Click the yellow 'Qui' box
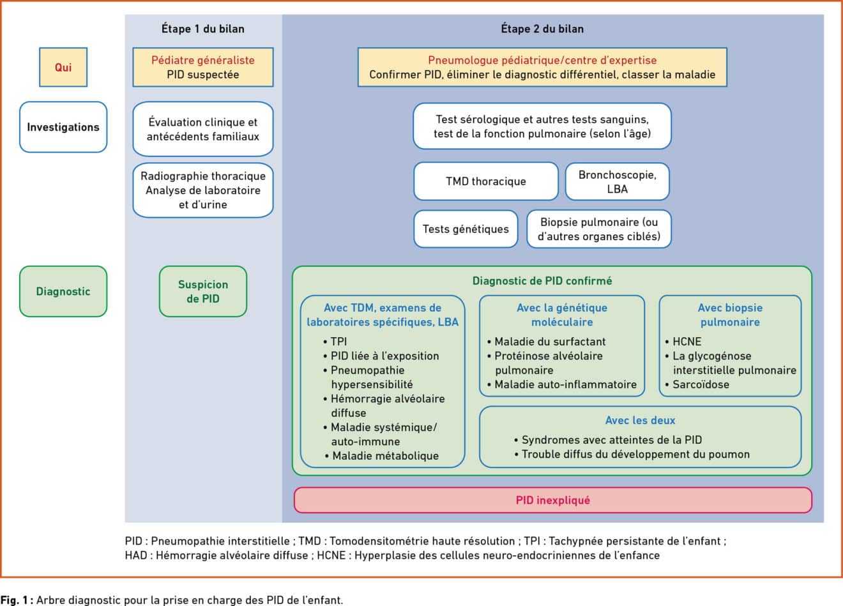coord(63,67)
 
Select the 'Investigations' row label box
coord(63,127)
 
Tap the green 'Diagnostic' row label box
coord(63,291)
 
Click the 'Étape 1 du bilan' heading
coord(203,29)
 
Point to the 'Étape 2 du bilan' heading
coord(542,29)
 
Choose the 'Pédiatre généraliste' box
coord(203,67)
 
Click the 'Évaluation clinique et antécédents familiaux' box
coord(203,129)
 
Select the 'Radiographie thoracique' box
coord(203,190)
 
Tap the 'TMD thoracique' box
coord(486,181)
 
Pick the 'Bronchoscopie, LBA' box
coord(617,181)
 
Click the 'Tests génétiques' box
coord(466,229)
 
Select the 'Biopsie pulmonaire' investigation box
coord(599,229)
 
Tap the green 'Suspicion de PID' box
coord(203,291)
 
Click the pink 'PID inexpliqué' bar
coord(553,500)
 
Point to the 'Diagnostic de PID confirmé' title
coord(542,281)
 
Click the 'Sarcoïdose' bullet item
coord(697,384)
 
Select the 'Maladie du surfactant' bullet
coord(546,342)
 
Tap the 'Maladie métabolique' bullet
coord(382,456)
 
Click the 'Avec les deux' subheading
coord(640,420)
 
